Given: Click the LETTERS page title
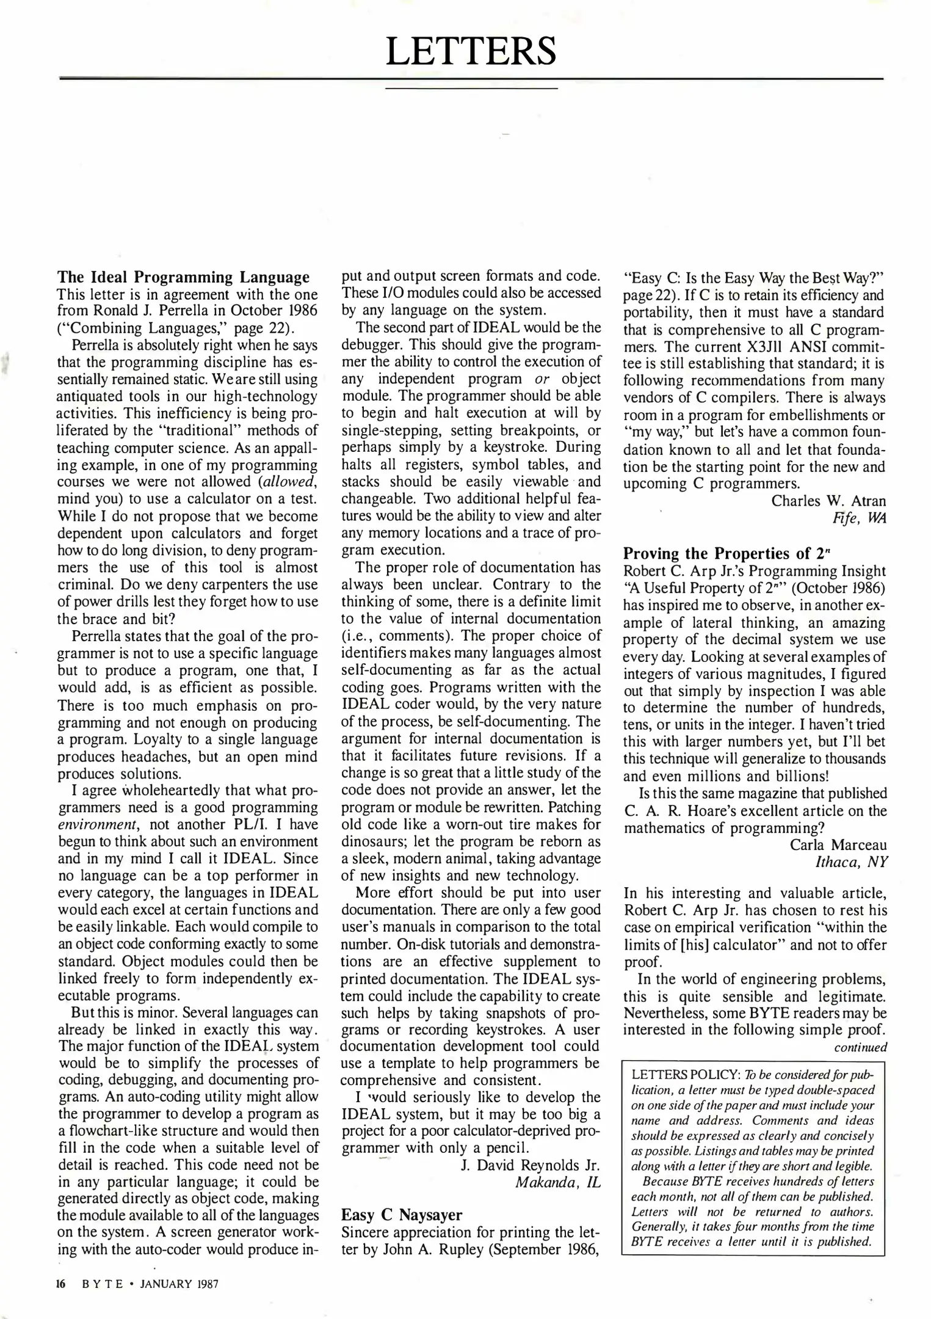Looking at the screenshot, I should pos(471,51).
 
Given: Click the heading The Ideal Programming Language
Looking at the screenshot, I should pos(183,277).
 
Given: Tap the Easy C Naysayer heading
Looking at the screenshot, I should pos(401,1215).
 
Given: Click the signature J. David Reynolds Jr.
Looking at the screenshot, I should pos(531,1165).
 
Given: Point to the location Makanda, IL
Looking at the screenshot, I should pos(558,1182).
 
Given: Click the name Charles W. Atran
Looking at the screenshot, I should pos(828,501).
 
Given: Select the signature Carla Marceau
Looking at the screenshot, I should pos(838,845).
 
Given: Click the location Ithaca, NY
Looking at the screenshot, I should pos(851,862).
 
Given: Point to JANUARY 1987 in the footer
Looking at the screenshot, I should pos(179,1284).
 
